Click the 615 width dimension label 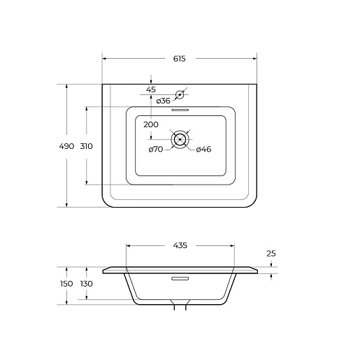click(179, 59)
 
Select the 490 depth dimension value click(66, 146)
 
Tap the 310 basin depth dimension click(87, 146)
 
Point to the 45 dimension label click(151, 89)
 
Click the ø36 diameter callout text click(163, 101)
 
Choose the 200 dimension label click(151, 124)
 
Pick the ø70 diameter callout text click(156, 149)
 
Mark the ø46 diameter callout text click(203, 149)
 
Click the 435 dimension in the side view click(180, 245)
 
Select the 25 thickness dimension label click(271, 253)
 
